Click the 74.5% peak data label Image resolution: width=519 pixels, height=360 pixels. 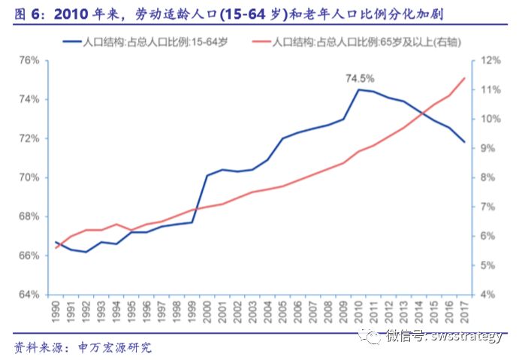point(360,77)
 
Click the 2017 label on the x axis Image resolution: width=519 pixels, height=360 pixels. point(464,310)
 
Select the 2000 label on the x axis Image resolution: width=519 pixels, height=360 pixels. point(207,310)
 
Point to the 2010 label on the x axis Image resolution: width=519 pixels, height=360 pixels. point(358,310)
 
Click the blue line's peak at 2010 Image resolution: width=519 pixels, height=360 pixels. point(358,89)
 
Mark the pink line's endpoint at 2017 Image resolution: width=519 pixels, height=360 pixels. point(464,78)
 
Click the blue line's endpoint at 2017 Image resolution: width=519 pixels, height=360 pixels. point(464,142)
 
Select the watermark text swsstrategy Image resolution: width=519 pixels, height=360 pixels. point(465,336)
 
